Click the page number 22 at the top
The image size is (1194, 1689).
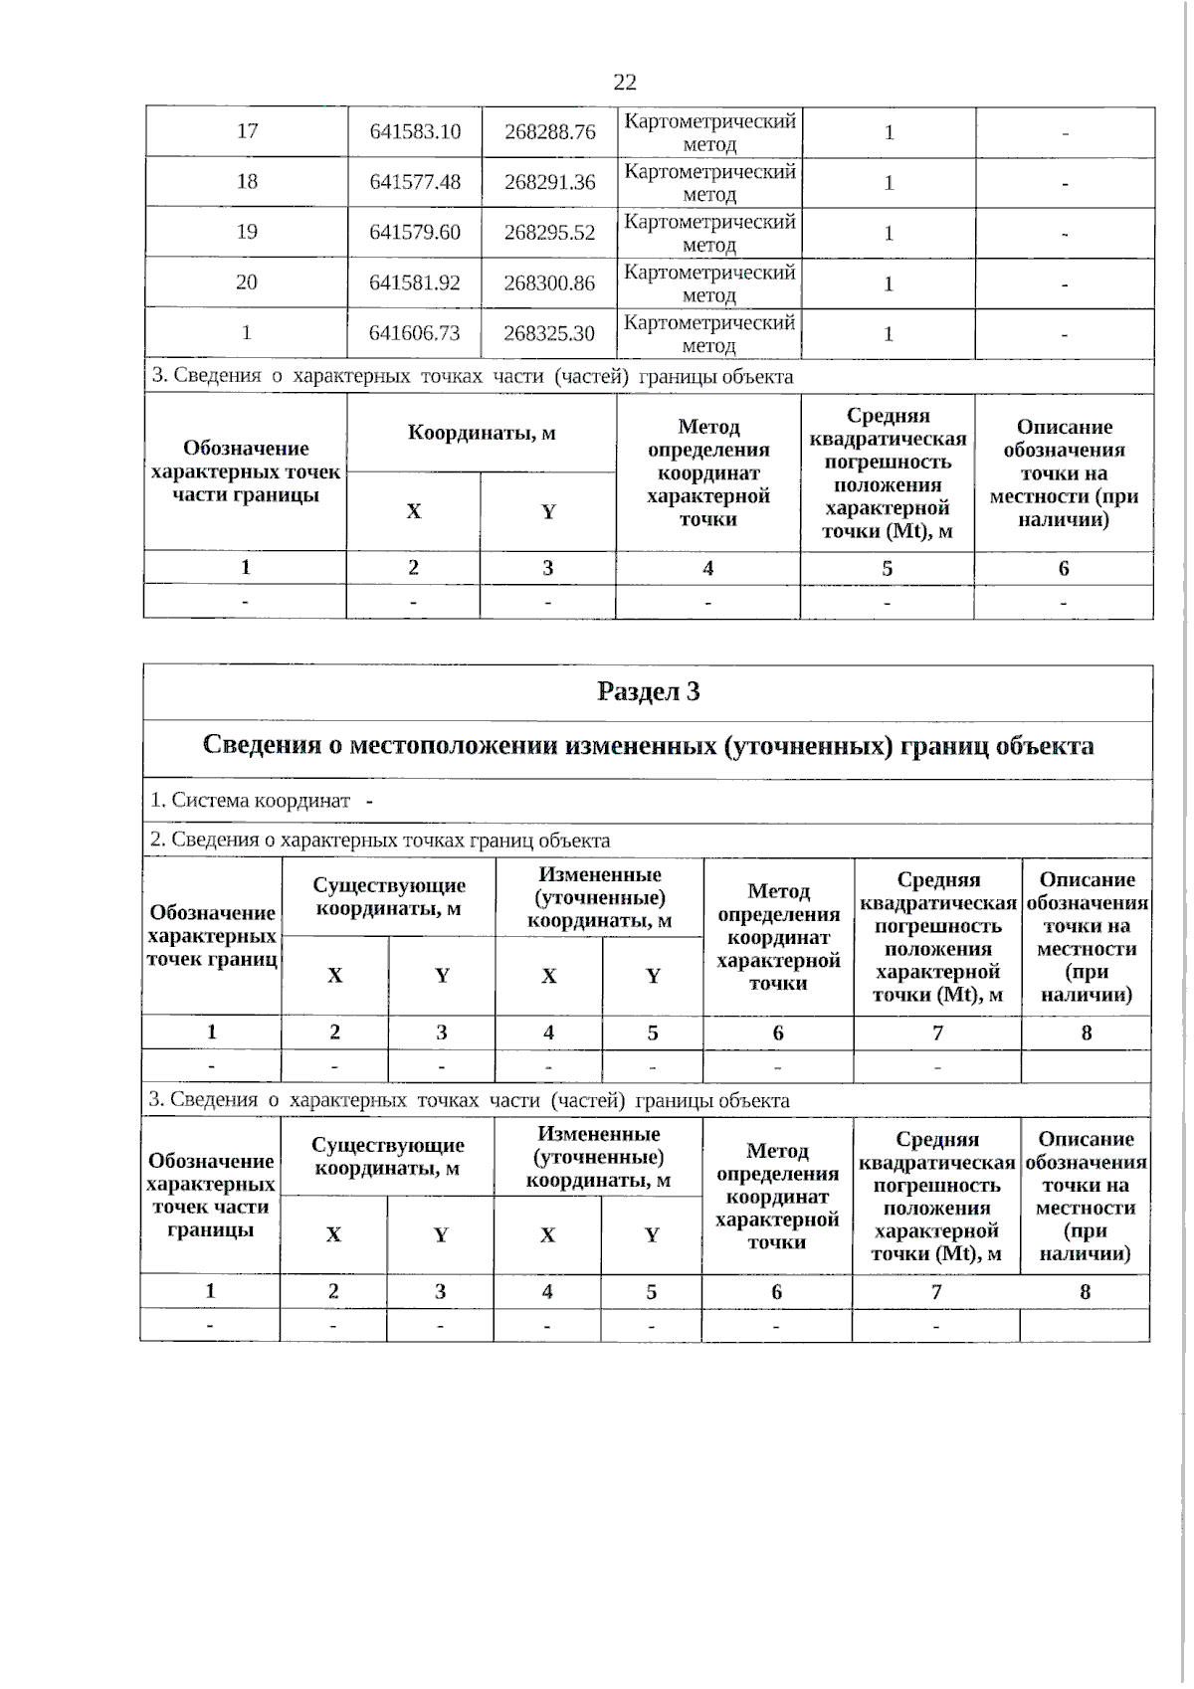coord(625,83)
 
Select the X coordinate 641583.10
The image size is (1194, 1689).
coord(415,132)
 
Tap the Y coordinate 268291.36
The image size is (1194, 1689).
coord(550,182)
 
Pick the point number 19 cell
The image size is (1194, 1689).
coord(247,232)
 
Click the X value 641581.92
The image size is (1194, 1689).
coord(415,283)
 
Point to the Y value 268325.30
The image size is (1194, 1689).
coord(549,333)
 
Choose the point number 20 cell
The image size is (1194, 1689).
coord(247,282)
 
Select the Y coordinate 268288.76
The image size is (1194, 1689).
coord(550,132)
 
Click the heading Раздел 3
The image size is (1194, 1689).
coord(649,692)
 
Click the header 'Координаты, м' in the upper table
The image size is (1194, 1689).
coord(482,433)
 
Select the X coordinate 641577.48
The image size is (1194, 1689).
coord(415,182)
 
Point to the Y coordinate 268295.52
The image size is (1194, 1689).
coord(550,233)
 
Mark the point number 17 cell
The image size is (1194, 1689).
coord(247,131)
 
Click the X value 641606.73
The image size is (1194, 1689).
coord(415,333)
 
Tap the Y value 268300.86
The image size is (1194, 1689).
coord(549,283)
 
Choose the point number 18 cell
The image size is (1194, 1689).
coord(247,181)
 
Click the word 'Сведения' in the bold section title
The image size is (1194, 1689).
coord(262,746)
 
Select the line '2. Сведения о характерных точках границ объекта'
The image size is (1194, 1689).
coord(380,841)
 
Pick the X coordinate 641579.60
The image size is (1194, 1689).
coord(415,233)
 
